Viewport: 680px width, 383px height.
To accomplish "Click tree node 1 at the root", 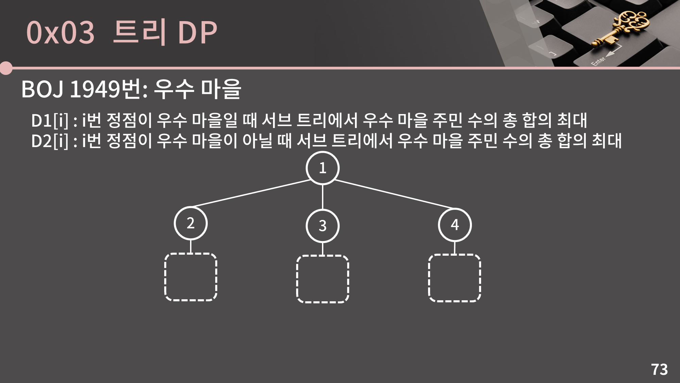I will pos(322,168).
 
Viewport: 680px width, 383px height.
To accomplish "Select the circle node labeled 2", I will pos(190,223).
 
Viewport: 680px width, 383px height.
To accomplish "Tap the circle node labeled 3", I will pos(322,226).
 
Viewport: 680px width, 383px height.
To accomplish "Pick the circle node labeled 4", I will pos(455,225).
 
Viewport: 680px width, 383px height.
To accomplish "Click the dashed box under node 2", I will pos(190,277).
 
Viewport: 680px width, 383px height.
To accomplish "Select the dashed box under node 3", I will pos(322,279).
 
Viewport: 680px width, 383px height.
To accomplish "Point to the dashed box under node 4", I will pos(455,278).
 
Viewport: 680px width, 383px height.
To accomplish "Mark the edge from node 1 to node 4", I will pos(394,194).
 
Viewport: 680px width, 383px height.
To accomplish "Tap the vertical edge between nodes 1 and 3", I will pos(322,197).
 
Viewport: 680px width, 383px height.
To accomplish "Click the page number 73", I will pos(659,369).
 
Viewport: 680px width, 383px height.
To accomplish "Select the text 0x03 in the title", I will pos(60,33).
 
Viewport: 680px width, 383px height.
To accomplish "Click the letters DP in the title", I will pos(197,33).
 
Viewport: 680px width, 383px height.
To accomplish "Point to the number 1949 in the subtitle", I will pos(95,89).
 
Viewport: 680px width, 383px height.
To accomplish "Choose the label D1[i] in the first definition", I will pos(50,120).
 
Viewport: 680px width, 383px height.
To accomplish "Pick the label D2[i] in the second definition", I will pos(50,141).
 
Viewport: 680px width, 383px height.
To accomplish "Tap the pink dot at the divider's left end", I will pos(6,68).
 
